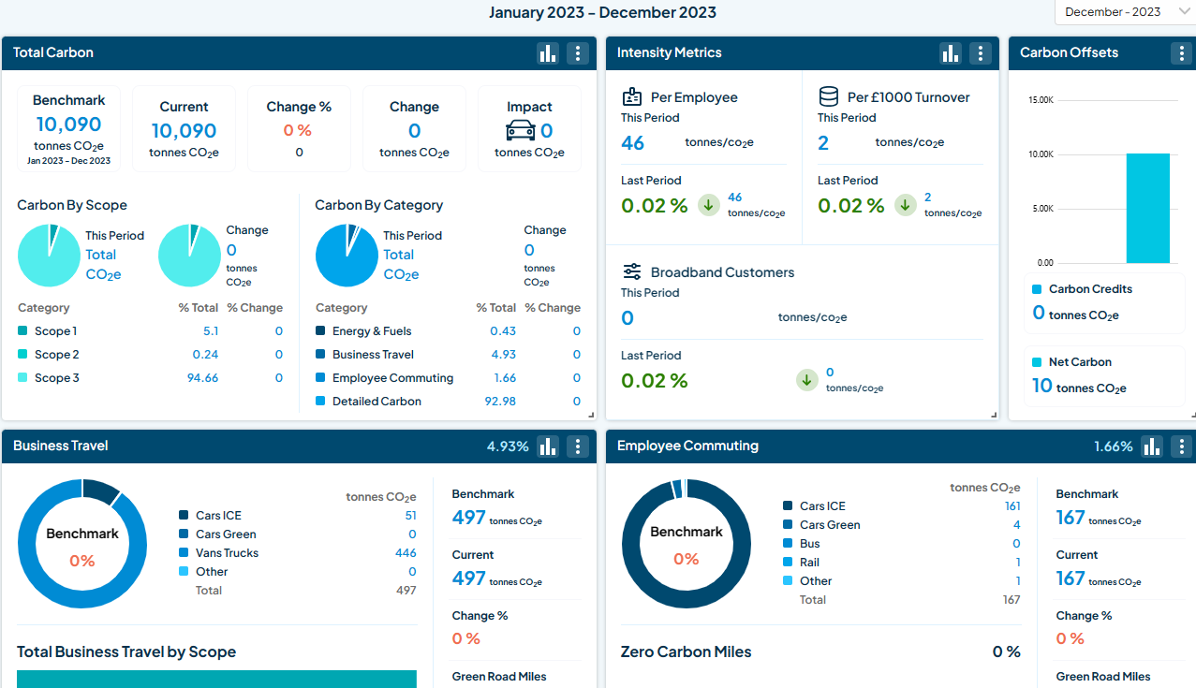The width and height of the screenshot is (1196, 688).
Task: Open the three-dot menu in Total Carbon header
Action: [x=578, y=53]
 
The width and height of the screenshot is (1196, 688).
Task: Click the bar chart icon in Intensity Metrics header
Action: [x=951, y=53]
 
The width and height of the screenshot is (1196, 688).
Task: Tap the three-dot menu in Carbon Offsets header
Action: [x=1181, y=53]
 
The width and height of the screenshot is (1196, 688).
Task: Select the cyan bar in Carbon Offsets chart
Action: [x=1147, y=208]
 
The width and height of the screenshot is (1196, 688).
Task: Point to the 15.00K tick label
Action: [x=1041, y=100]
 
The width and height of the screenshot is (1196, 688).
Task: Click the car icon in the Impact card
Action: [x=520, y=130]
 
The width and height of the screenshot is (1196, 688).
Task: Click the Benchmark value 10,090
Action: [x=68, y=124]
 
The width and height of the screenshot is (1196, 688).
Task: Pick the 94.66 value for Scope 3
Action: [x=202, y=378]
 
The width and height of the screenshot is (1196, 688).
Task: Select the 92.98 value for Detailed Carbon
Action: [x=500, y=402]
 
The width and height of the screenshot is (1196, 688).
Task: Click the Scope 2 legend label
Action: [x=56, y=355]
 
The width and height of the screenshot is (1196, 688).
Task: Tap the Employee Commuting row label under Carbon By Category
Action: [x=392, y=378]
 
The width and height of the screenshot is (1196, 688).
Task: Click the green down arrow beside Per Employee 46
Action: [x=709, y=205]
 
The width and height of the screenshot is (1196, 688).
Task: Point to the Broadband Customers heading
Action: [x=722, y=272]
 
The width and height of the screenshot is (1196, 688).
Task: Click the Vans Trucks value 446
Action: [x=406, y=553]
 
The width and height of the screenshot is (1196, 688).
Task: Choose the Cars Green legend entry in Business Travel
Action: [x=226, y=534]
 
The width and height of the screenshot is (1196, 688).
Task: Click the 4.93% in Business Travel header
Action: [x=508, y=446]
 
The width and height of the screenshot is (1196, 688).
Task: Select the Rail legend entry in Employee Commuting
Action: [x=809, y=563]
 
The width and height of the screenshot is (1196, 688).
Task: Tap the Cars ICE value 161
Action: [x=1011, y=506]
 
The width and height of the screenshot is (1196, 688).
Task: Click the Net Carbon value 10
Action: [x=1041, y=386]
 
